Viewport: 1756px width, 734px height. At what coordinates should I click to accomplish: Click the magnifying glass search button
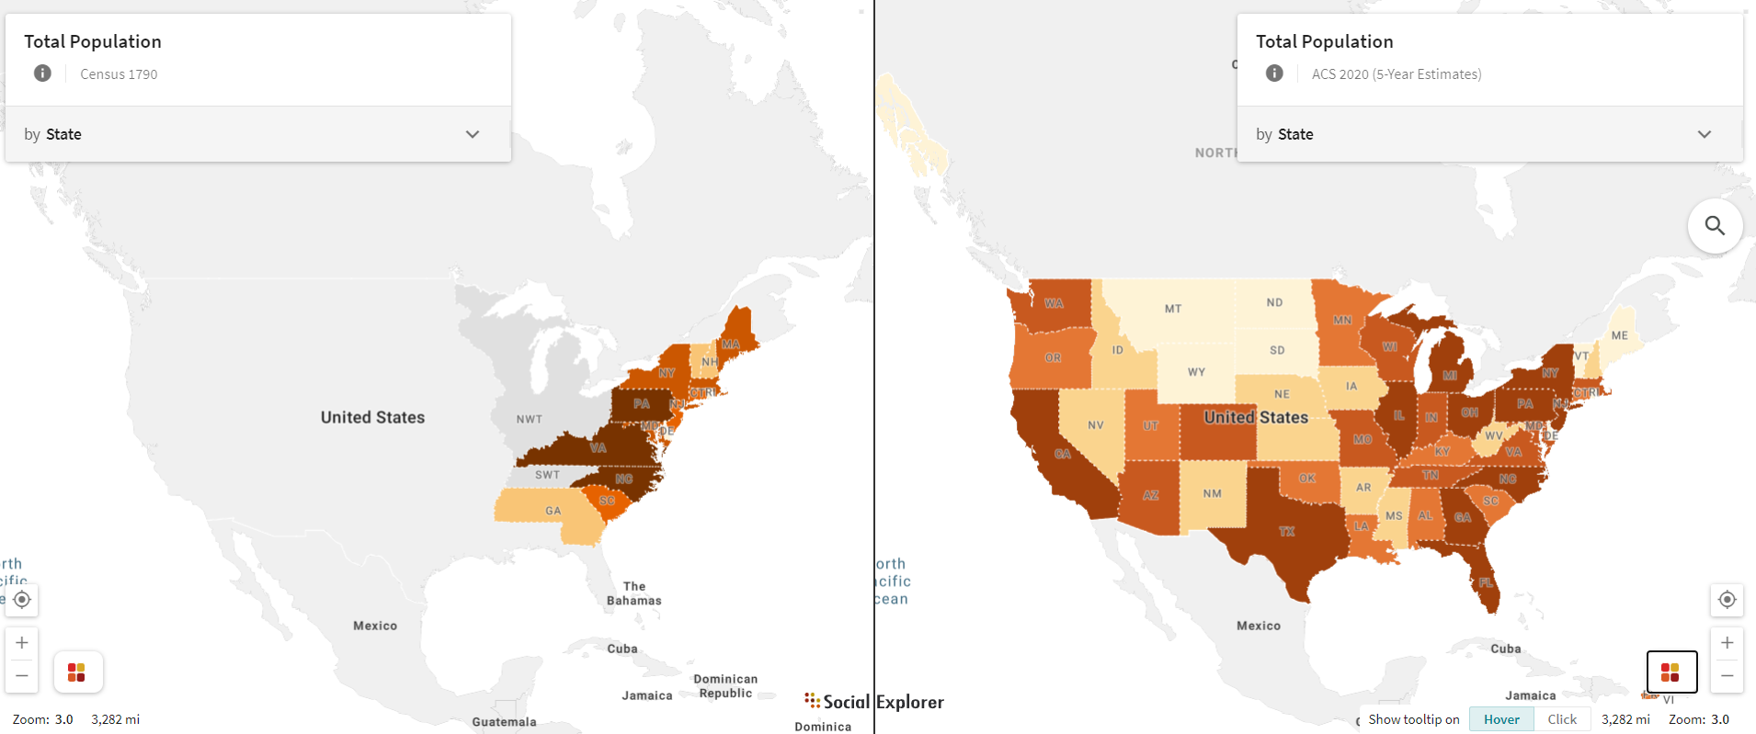click(x=1715, y=225)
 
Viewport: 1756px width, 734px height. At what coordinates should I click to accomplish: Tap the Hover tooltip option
click(x=1501, y=719)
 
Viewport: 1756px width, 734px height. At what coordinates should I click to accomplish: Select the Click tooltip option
click(x=1561, y=719)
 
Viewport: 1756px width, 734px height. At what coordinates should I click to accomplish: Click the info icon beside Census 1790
click(x=42, y=73)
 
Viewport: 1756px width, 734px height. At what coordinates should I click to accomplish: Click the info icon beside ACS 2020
click(x=1274, y=73)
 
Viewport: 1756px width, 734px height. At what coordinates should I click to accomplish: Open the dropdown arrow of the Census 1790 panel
click(x=473, y=134)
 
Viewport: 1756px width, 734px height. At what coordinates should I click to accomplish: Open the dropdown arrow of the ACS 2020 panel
click(x=1704, y=134)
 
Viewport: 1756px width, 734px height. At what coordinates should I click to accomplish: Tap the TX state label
click(x=1286, y=532)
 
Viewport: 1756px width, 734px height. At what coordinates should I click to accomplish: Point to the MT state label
click(x=1173, y=309)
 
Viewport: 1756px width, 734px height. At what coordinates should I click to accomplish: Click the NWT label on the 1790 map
click(x=530, y=419)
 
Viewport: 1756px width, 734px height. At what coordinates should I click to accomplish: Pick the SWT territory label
click(x=547, y=475)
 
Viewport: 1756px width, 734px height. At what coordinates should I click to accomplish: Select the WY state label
click(x=1196, y=372)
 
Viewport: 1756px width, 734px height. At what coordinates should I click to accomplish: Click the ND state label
click(x=1274, y=302)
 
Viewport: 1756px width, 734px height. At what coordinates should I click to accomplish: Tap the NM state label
click(x=1213, y=493)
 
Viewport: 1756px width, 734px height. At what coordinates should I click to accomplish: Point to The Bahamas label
click(x=633, y=593)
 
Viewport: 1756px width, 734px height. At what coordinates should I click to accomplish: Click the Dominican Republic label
click(x=725, y=686)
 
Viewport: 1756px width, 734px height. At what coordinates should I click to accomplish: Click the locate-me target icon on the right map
click(x=1727, y=600)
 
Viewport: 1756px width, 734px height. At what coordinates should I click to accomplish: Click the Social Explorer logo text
click(x=873, y=702)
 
